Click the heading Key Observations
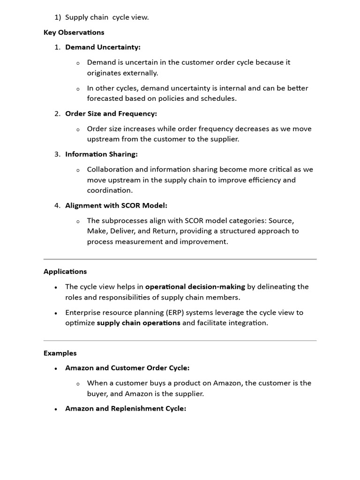pos(74,32)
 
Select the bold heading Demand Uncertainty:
pos(103,47)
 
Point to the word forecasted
pos(104,98)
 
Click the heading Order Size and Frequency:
pos(111,113)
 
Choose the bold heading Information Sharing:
pos(101,154)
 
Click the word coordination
pos(109,190)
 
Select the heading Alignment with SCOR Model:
pos(116,205)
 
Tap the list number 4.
pos(57,205)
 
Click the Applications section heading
pos(65,271)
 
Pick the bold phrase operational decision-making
pos(195,286)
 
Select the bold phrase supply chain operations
pos(138,323)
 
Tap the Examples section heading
pos(60,353)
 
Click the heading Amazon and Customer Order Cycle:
pos(127,368)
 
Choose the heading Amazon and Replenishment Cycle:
pos(126,408)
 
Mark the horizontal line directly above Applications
pos(180,259)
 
